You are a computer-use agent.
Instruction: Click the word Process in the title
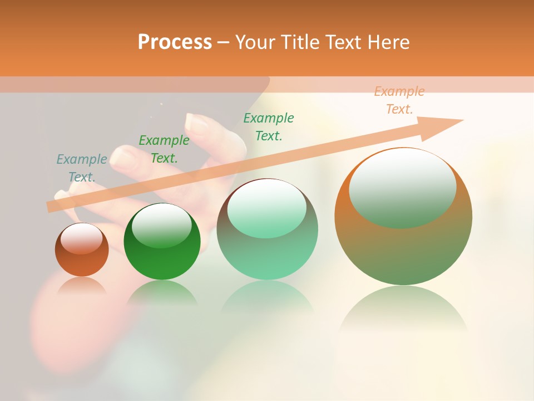pyautogui.click(x=175, y=42)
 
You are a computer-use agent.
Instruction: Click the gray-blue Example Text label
pyautogui.click(x=82, y=168)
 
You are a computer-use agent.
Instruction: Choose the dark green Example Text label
pyautogui.click(x=164, y=149)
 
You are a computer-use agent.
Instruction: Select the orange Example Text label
pyautogui.click(x=399, y=100)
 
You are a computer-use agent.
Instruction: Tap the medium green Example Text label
pyautogui.click(x=269, y=126)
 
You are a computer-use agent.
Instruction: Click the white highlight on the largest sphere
pyautogui.click(x=402, y=187)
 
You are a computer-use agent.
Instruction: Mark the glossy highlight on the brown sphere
pyautogui.click(x=82, y=239)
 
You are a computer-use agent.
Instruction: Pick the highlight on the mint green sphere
pyautogui.click(x=267, y=209)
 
